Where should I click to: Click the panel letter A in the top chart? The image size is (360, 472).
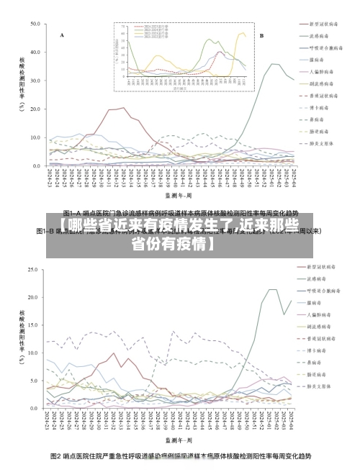click(62, 35)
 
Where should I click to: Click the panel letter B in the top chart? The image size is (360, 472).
click(261, 35)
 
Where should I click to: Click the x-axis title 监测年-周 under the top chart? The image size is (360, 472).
click(178, 194)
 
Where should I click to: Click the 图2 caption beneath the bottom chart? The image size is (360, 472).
click(180, 456)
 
